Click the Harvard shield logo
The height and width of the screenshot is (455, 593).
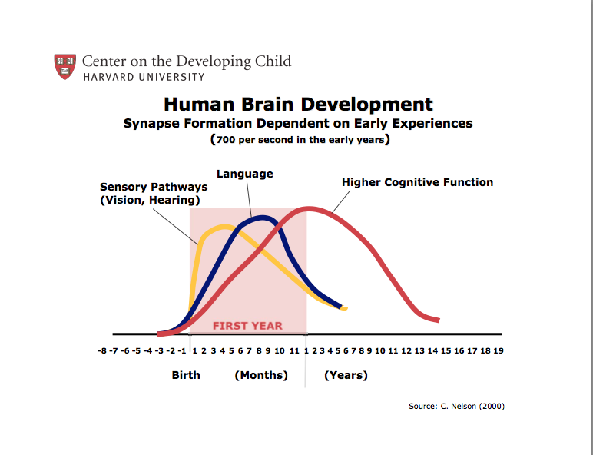[65, 66]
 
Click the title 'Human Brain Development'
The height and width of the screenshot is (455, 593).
[298, 105]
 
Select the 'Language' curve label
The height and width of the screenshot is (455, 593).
[244, 174]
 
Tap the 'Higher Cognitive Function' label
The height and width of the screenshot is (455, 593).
[417, 182]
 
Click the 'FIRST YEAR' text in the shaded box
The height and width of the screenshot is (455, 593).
[247, 326]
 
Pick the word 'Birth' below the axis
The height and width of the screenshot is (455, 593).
[186, 375]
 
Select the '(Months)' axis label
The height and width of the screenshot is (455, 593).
[261, 375]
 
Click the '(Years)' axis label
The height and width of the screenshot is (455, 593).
[346, 375]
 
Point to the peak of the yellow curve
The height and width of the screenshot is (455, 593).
[224, 226]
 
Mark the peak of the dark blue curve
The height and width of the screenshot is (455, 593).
[263, 218]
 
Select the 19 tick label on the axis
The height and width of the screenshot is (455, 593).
[498, 351]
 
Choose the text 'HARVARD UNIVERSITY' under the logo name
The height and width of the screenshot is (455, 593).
[144, 77]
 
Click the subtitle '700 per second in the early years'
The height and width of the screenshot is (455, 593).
[300, 140]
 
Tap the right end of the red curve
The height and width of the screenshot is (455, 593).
[438, 320]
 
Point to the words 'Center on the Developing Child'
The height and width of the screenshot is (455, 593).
[186, 61]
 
